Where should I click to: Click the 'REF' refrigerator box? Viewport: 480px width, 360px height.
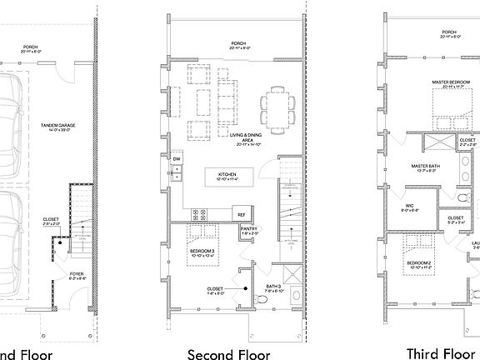pos(241,214)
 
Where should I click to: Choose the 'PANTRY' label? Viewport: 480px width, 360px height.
pos(248,231)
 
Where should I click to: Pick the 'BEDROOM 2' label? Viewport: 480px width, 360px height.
pos(419,264)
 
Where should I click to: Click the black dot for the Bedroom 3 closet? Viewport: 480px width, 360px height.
pos(247,288)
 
